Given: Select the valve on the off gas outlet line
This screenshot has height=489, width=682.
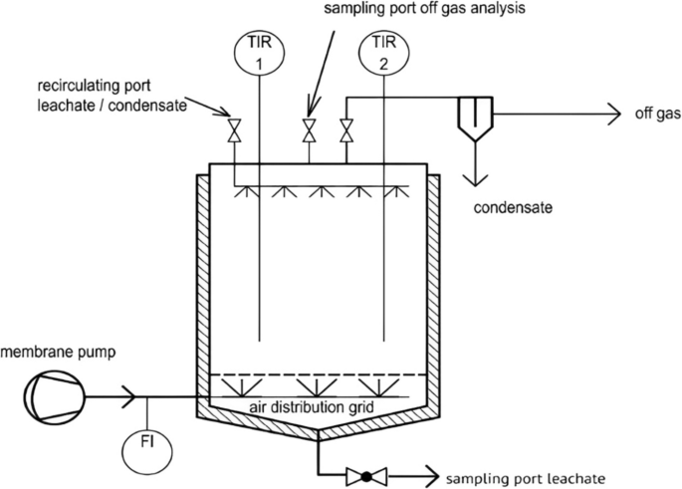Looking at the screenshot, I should point(346,130).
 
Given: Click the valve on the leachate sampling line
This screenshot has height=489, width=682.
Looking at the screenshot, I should point(365,476).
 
